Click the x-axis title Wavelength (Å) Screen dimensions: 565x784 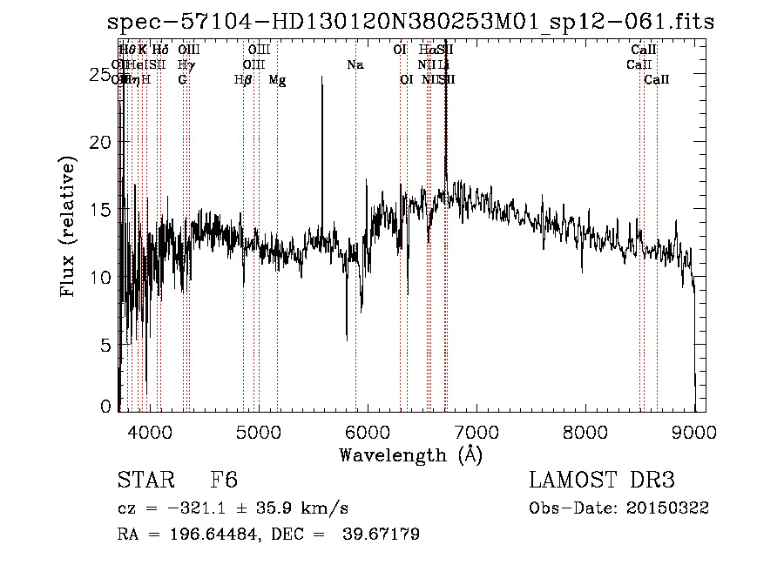coord(410,454)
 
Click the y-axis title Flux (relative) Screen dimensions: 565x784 coord(69,225)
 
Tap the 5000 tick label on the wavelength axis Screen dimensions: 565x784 coord(258,431)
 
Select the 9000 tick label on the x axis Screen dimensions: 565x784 coord(693,431)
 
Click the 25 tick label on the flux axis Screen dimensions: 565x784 coord(100,75)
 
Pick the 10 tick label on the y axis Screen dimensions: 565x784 coord(100,278)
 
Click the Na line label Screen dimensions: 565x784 coord(355,64)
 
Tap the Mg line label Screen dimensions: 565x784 coord(277,80)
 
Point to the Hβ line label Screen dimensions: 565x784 coord(243,80)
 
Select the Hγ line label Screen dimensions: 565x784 coord(186,64)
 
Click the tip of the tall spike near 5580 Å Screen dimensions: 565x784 coord(322,77)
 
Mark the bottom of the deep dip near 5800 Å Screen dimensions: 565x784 coord(347,340)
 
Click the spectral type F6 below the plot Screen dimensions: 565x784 coord(225,481)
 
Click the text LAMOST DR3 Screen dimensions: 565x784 coord(601,481)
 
